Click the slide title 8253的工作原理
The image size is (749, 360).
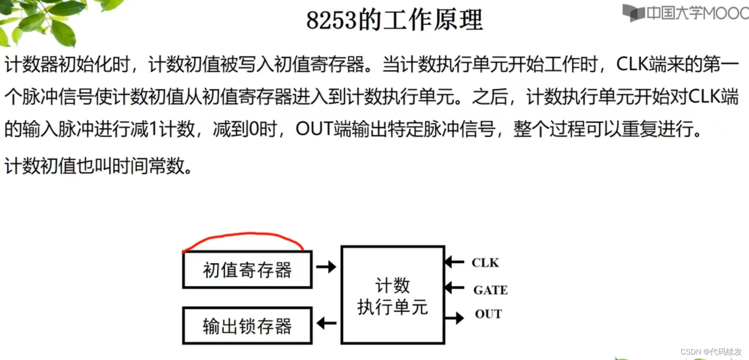[x=395, y=20]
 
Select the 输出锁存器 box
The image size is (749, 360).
[x=247, y=326]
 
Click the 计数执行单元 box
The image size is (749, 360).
[x=393, y=295]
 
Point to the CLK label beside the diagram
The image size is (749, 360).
[x=485, y=263]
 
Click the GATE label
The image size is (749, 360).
[x=490, y=290]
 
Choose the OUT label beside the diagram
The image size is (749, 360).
[x=488, y=314]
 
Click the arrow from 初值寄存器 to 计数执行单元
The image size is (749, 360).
[x=326, y=267]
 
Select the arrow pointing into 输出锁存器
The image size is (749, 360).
[x=326, y=323]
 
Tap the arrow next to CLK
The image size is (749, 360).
[x=454, y=261]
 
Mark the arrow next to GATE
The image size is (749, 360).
[x=454, y=287]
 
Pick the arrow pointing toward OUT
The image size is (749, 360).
[x=454, y=318]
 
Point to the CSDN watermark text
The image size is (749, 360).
[x=711, y=351]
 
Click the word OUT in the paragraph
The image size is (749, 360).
[x=314, y=129]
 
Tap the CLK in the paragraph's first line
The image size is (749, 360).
[x=632, y=64]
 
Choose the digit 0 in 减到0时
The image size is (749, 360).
[x=254, y=130]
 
